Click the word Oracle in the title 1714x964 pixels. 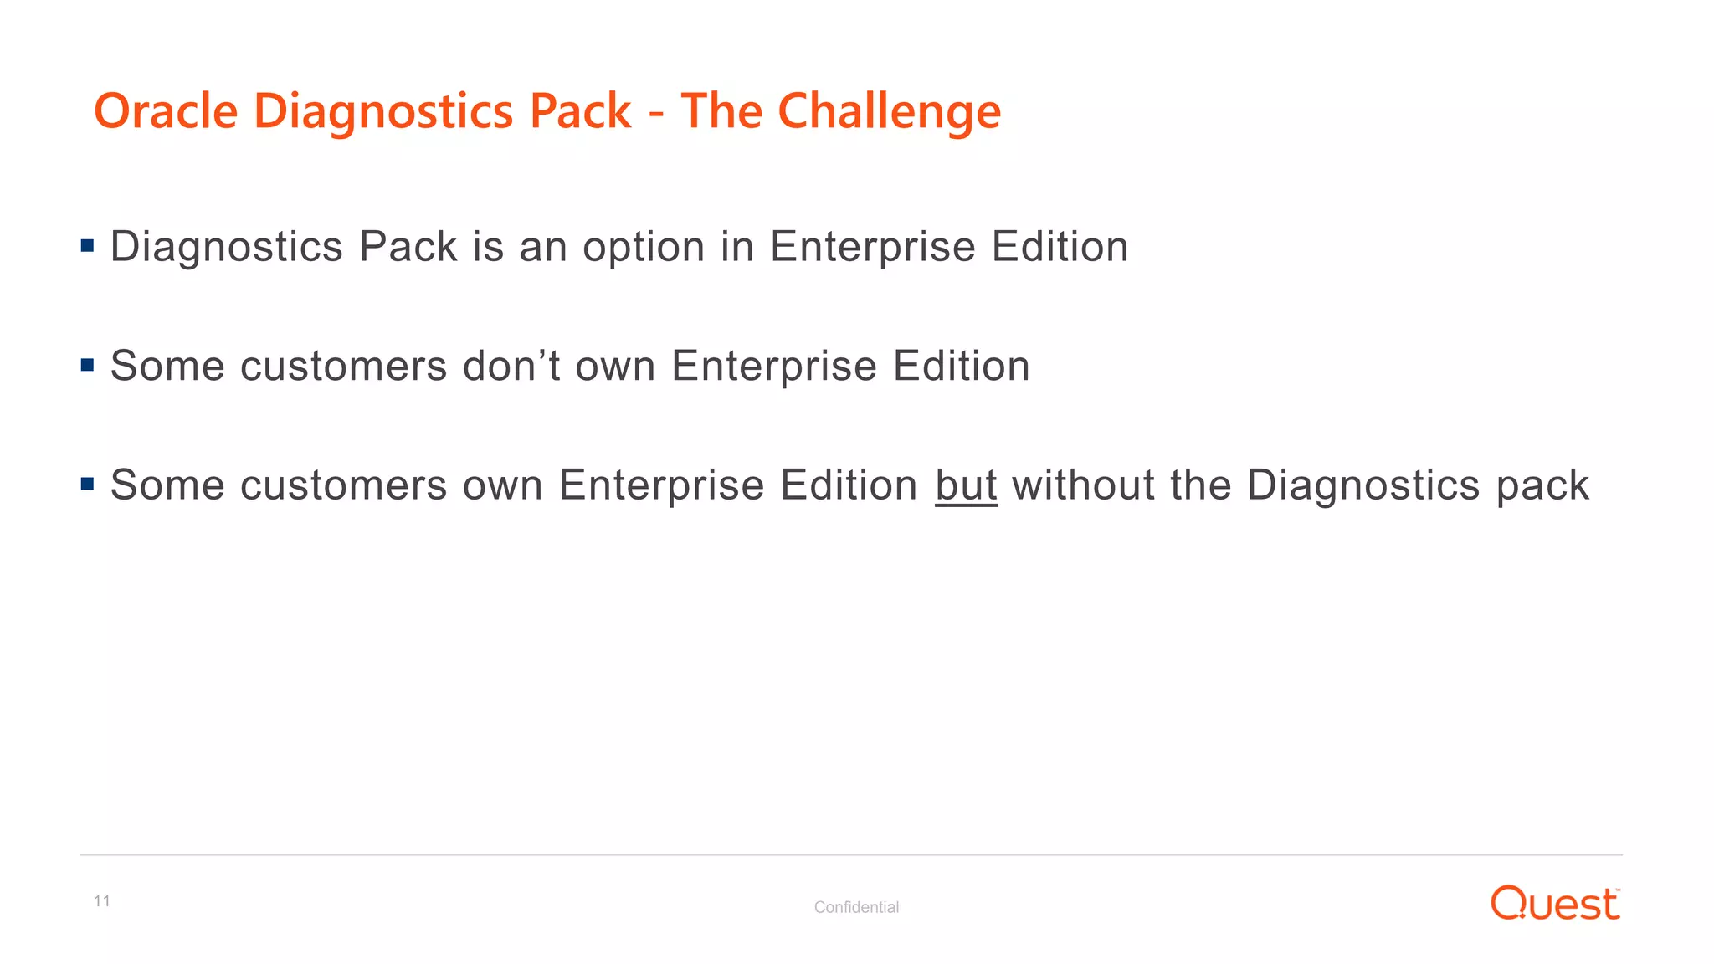pos(166,111)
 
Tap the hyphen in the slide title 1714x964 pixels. pos(656,113)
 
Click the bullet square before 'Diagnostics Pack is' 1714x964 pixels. pos(88,246)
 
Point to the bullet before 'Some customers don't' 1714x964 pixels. pos(88,365)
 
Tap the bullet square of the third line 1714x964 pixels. pos(88,484)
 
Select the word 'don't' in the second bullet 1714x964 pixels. pos(511,366)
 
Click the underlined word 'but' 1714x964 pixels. pos(966,485)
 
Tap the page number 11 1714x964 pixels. pos(102,901)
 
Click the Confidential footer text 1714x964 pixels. pos(856,907)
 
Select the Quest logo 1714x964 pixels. pos(1555,904)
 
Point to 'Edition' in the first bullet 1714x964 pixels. pos(1060,247)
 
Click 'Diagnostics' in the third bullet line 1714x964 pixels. pos(1363,486)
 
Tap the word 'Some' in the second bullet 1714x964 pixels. pos(167,366)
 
